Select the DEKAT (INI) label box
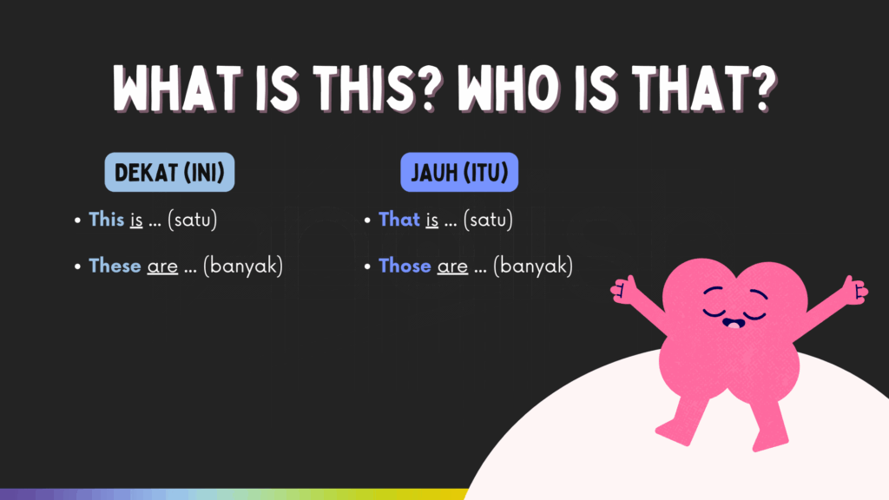(169, 173)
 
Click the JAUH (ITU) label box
(459, 173)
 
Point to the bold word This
(107, 220)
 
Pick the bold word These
(115, 266)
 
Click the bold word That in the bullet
(399, 220)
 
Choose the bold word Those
(405, 266)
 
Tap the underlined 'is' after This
(136, 220)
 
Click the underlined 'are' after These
(162, 266)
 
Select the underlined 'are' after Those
(452, 266)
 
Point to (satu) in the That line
(488, 220)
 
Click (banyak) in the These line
(243, 266)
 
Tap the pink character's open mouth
(734, 324)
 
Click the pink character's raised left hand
(623, 289)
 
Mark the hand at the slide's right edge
(855, 289)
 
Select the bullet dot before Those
(367, 266)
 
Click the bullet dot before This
(77, 220)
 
